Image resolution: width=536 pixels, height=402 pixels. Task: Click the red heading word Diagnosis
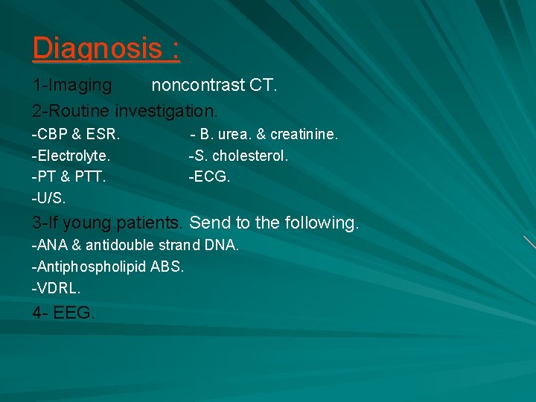96,48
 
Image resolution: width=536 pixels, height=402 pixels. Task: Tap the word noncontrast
198,86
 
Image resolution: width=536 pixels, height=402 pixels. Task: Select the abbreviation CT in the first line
262,86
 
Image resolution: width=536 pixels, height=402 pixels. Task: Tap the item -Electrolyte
71,156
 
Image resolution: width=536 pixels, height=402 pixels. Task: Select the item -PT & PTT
68,177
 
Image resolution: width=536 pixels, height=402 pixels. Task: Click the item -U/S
48,199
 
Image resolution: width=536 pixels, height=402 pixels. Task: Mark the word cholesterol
249,156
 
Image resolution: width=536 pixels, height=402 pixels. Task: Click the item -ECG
210,177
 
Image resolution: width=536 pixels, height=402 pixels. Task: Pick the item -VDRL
56,288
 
